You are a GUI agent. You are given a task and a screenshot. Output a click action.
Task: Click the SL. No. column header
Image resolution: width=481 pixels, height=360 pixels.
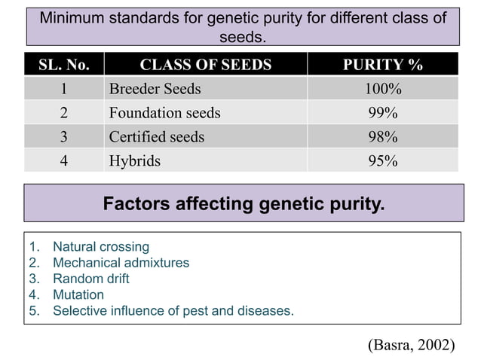click(64, 65)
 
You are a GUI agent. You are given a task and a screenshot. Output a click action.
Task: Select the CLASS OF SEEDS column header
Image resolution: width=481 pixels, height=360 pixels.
click(205, 65)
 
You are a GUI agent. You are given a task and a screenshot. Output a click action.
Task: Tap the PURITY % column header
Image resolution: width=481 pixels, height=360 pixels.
click(382, 65)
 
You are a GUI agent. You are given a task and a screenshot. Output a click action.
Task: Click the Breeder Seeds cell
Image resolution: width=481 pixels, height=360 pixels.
click(155, 89)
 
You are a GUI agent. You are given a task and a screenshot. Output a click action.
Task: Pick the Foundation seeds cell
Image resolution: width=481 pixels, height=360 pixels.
click(164, 113)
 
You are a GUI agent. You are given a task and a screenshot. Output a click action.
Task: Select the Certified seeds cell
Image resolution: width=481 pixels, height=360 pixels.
click(156, 137)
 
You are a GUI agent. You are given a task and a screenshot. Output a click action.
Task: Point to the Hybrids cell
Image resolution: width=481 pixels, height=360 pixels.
click(134, 160)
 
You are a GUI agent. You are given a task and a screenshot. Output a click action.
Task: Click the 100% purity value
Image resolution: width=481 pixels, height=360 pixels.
click(382, 89)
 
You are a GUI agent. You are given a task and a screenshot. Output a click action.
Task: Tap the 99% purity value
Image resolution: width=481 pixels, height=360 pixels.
click(382, 113)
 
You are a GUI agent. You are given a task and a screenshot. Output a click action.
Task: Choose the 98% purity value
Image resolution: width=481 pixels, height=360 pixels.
click(382, 137)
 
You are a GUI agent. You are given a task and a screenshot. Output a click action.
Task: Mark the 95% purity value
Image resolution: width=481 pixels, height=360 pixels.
click(382, 160)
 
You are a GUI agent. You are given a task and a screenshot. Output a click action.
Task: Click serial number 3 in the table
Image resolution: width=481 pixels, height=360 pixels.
click(64, 137)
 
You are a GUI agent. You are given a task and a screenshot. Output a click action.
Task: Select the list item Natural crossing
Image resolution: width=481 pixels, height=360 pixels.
click(100, 247)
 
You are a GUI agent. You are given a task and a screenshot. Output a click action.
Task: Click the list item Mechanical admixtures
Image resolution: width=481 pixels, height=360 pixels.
click(121, 263)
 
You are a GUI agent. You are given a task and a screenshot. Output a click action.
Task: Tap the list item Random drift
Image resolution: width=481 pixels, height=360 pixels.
click(90, 279)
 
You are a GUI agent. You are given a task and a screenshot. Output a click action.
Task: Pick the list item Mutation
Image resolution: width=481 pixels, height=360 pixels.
click(78, 294)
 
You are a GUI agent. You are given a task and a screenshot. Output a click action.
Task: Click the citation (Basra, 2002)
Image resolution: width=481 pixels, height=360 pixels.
click(411, 344)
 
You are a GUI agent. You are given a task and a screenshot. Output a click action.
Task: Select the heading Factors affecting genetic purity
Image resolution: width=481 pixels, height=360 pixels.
click(243, 203)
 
